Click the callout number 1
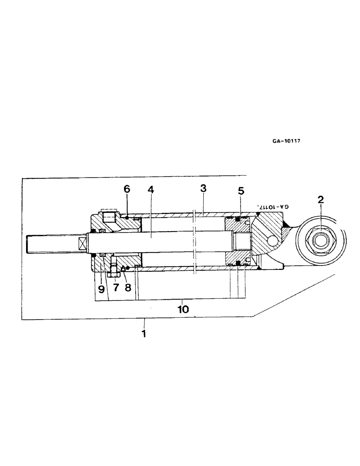point(144,334)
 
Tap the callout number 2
point(321,201)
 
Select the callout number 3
point(203,189)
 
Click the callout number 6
point(127,189)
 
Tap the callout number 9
point(102,288)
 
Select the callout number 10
point(185,308)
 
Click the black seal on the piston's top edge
point(237,219)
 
